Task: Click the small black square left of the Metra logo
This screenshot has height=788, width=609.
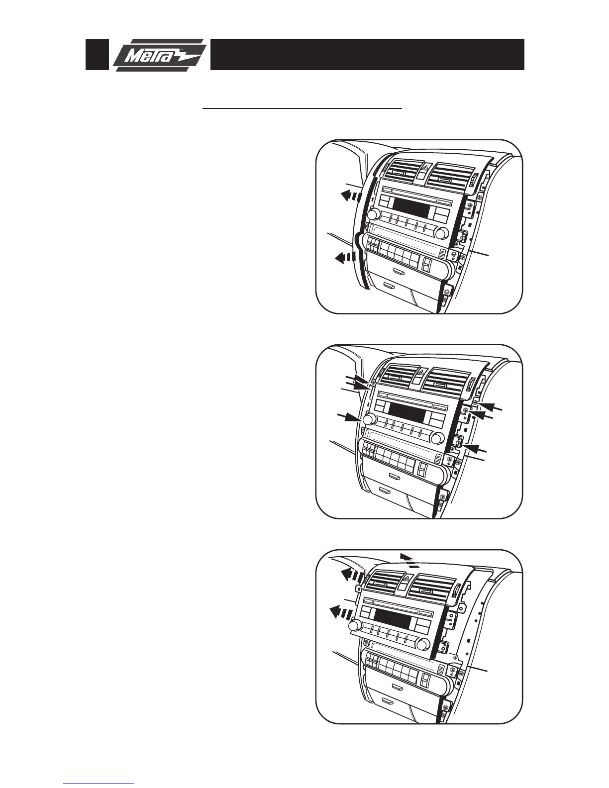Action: click(x=97, y=54)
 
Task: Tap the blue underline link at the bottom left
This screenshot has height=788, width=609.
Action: click(x=99, y=784)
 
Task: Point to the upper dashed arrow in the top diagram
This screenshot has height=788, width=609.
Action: click(x=348, y=196)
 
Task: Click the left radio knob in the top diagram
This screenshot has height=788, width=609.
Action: click(x=374, y=214)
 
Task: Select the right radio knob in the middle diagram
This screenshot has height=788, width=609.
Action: click(x=437, y=438)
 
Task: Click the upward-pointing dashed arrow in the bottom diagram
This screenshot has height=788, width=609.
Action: click(x=409, y=560)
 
